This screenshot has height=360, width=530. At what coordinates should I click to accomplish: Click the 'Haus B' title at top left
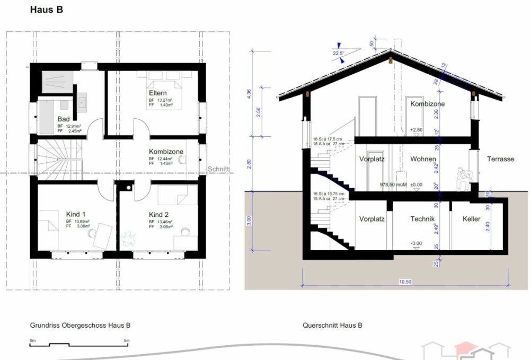pos(47,10)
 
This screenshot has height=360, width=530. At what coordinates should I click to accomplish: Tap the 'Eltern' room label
pos(158,93)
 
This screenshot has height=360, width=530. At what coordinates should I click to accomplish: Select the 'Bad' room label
pos(63,119)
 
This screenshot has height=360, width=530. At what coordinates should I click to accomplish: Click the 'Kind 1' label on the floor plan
pos(76,214)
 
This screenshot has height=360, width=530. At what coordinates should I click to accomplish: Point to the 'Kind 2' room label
pos(158,214)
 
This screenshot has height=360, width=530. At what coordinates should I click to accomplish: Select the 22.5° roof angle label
pos(339,53)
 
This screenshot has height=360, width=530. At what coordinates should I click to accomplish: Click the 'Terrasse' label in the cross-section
pos(500,159)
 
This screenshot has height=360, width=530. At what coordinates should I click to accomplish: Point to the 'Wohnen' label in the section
pos(423,159)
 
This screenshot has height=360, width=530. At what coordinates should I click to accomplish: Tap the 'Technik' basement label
pos(422,218)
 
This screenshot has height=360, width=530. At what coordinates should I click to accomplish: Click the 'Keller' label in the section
pos(471,218)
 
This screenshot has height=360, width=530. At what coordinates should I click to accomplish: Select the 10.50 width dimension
pos(405,282)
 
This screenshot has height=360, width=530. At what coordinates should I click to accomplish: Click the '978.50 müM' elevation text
pos(391,185)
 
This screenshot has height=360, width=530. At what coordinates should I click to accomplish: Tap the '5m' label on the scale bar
pos(126,340)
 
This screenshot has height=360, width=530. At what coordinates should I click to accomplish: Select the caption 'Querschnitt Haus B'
pos(332,325)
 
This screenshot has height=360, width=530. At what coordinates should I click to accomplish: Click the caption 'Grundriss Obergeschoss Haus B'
pos(80,325)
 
